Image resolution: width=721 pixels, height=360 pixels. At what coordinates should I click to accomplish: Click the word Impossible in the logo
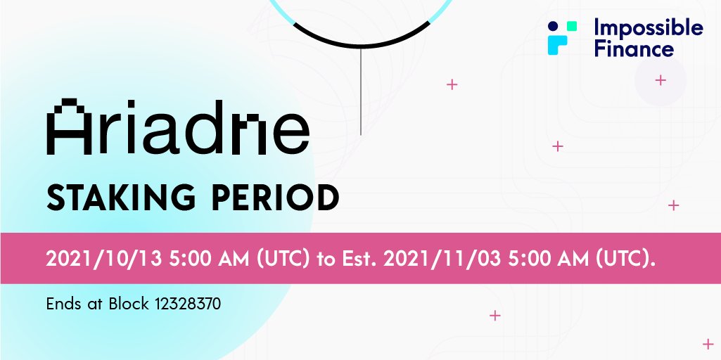[x=648, y=28]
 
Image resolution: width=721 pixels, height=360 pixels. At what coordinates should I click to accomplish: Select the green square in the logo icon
[x=572, y=25]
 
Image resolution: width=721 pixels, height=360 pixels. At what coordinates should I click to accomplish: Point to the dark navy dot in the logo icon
[x=553, y=25]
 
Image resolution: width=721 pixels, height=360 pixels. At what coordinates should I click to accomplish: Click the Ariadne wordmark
[x=177, y=127]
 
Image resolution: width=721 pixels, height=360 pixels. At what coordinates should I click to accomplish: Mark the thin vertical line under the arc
[x=360, y=91]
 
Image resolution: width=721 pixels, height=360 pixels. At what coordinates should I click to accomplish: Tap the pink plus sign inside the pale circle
[x=660, y=80]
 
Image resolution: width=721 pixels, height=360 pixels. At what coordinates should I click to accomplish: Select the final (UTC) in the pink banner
[x=626, y=259]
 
